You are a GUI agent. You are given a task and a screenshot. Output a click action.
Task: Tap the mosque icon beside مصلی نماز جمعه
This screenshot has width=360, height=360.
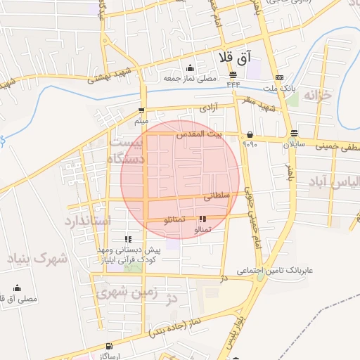pos(191,68)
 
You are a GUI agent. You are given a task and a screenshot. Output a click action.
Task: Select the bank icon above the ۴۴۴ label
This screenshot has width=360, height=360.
pos(233,75)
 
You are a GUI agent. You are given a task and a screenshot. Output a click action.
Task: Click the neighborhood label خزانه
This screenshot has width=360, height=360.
pos(331,96)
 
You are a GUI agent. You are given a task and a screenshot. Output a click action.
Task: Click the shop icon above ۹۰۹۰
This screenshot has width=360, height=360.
pos(250,134)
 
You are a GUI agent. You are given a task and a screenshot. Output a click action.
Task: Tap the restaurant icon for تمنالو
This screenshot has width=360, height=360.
pos(202,219)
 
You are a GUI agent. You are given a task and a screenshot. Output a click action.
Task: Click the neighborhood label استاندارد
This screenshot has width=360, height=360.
pos(88,221)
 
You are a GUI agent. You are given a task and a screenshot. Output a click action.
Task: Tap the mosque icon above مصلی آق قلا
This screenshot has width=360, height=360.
pos(17,288)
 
